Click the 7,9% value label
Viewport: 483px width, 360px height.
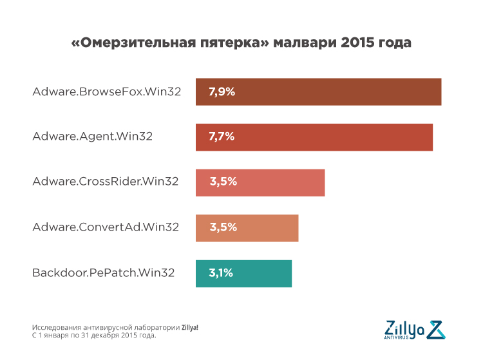pos(222,91)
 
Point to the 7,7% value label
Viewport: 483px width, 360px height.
pos(222,137)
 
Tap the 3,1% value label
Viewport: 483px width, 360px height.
pos(220,273)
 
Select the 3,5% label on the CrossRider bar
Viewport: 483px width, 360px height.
pos(223,182)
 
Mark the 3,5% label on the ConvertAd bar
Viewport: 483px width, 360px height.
pos(223,227)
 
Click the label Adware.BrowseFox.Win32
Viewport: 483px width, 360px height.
pos(107,91)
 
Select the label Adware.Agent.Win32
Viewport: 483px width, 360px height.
pos(93,137)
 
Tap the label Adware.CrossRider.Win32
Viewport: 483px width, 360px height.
pos(106,182)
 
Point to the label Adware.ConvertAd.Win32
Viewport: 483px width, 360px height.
pos(106,227)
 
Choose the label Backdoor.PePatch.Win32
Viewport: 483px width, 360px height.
pos(104,273)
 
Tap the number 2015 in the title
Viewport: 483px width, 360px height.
pos(359,43)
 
